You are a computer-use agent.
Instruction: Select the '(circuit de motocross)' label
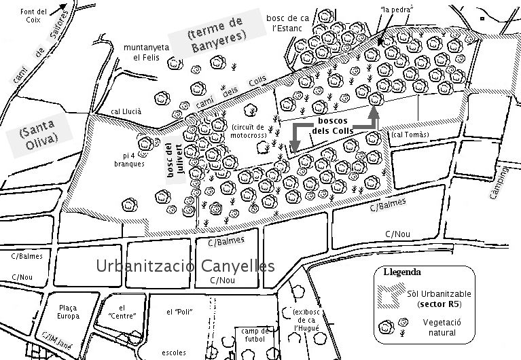pyautogui.click(x=249, y=132)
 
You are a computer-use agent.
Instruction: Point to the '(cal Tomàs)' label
pyautogui.click(x=412, y=134)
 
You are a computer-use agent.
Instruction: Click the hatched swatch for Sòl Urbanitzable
pyautogui.click(x=389, y=296)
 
